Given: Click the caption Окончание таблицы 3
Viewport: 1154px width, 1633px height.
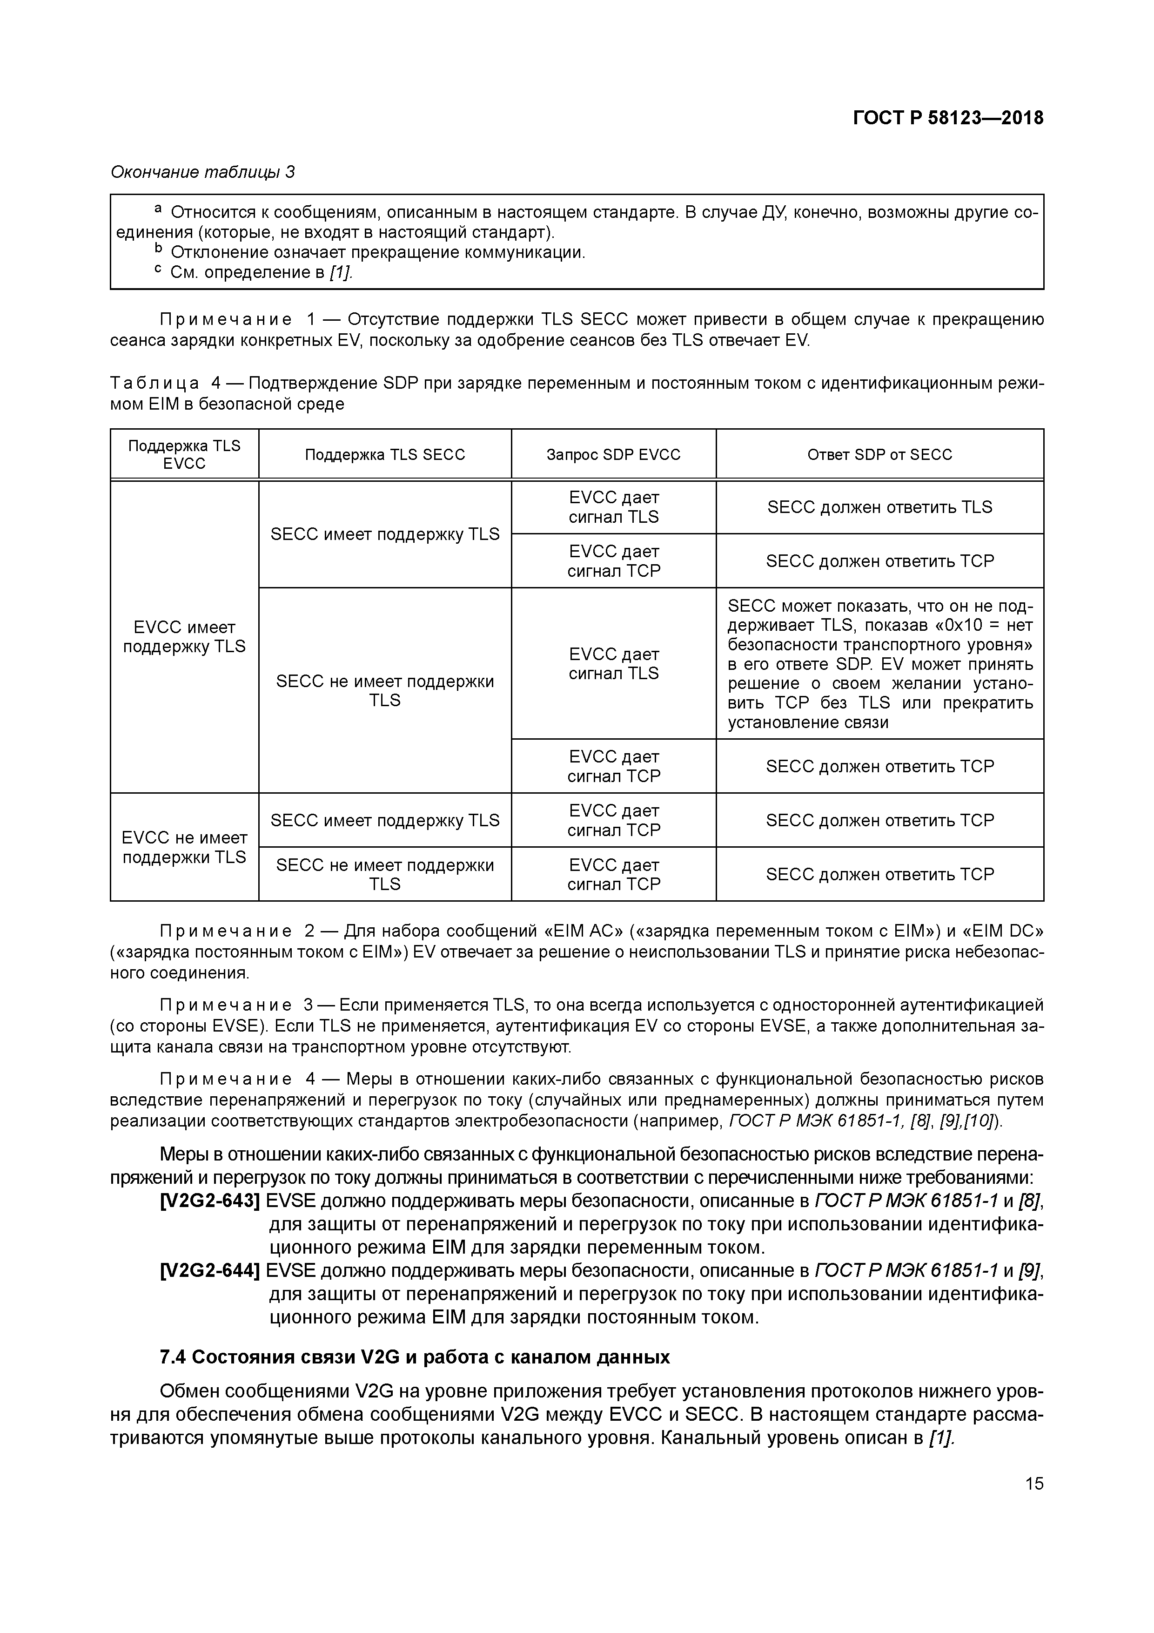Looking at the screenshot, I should click(202, 172).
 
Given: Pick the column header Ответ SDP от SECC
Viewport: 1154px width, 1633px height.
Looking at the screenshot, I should click(879, 454).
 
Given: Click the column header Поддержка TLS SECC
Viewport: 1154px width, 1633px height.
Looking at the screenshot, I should click(385, 454).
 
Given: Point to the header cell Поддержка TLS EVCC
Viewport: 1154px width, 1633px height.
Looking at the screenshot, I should click(184, 454).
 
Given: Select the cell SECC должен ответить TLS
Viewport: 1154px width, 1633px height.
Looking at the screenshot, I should click(879, 507).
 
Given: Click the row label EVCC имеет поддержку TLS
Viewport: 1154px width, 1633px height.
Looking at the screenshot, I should click(184, 636).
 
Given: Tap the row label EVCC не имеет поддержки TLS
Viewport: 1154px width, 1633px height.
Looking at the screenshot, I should click(184, 847).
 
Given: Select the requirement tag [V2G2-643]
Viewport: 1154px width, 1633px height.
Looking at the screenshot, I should click(210, 1201).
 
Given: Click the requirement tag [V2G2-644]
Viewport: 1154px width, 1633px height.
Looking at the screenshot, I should click(210, 1271).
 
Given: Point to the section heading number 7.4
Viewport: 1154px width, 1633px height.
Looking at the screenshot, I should click(173, 1358).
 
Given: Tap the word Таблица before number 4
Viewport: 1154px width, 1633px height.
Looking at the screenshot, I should click(154, 384).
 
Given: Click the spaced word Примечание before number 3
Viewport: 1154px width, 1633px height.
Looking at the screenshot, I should click(225, 1005).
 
